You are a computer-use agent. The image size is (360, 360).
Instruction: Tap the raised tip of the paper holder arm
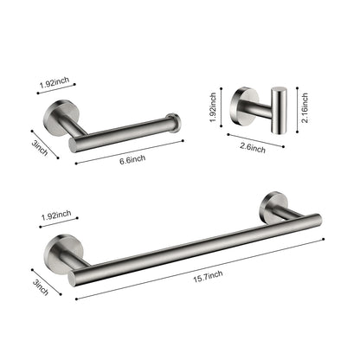177,121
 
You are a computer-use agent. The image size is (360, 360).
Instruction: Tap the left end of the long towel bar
77,275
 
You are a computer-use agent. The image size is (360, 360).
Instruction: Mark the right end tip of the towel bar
317,220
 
